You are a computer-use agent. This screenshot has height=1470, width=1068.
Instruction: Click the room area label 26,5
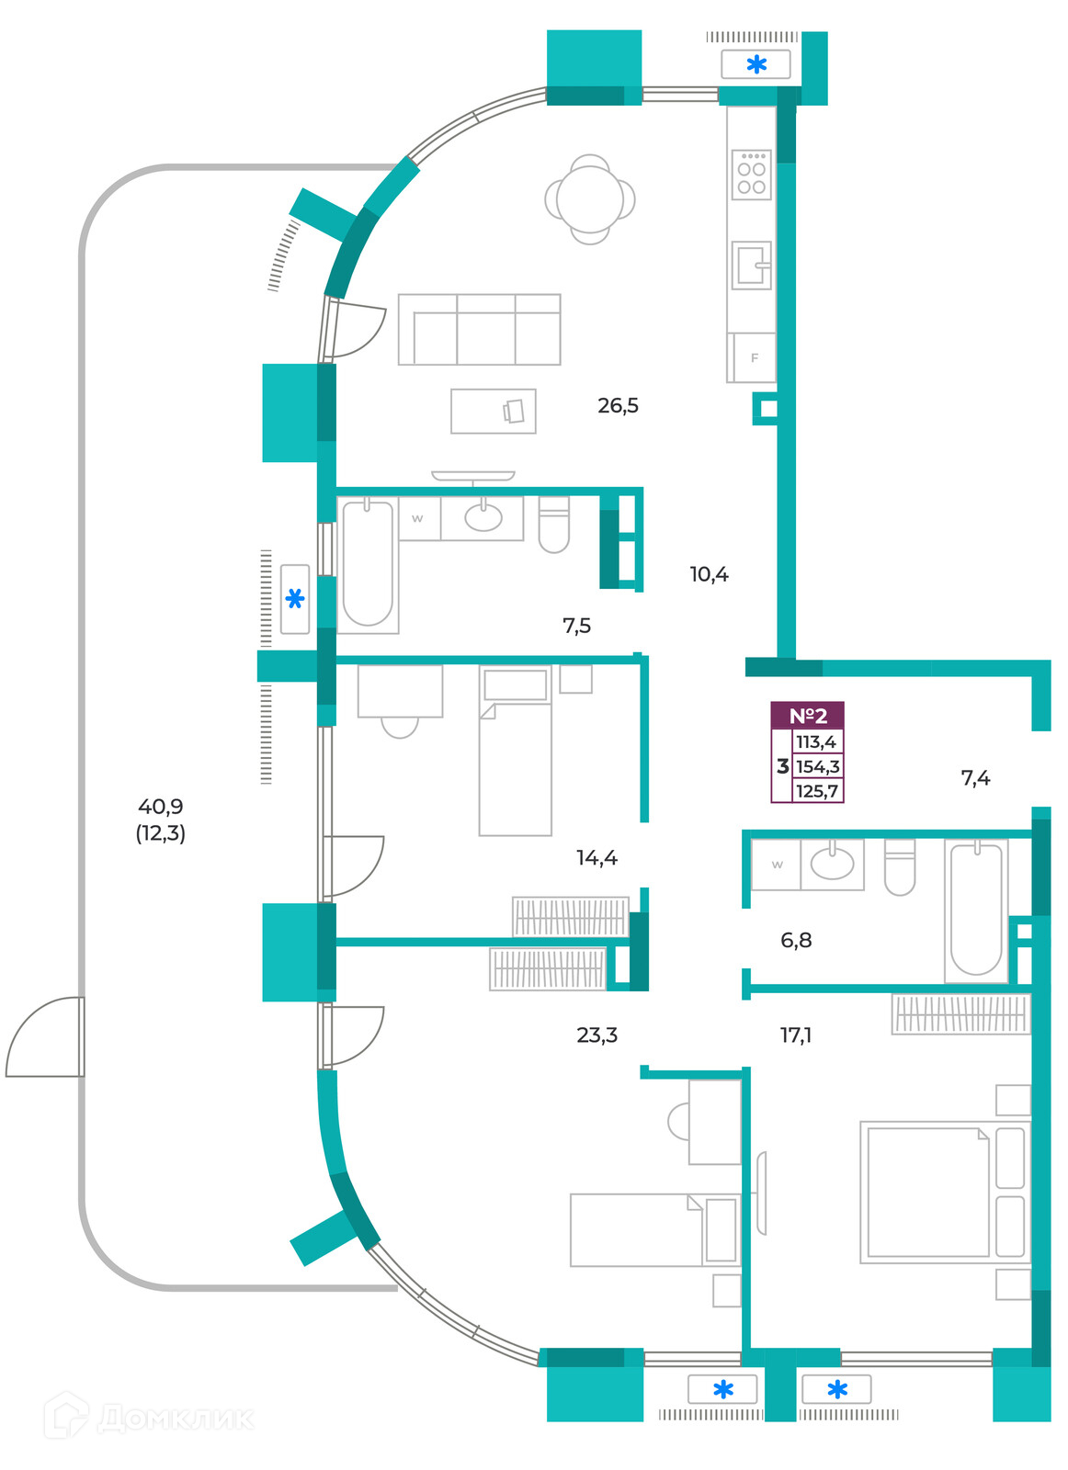point(617,405)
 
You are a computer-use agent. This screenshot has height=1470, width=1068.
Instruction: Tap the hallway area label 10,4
point(709,574)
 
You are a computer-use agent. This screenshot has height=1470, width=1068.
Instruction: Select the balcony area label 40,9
point(160,806)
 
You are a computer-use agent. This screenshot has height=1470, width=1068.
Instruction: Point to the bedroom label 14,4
point(596,857)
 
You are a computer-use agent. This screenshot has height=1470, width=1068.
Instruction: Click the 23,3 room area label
point(596,1035)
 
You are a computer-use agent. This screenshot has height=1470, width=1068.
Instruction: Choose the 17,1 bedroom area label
point(795,1035)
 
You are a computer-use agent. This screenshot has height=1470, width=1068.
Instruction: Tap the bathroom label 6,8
point(796,940)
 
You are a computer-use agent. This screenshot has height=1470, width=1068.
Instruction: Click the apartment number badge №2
point(807,715)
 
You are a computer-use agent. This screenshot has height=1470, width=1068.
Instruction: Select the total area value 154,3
point(817,766)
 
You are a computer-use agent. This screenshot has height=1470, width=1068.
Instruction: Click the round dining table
point(589,199)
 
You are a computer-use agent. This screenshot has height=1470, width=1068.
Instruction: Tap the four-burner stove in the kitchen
point(751,175)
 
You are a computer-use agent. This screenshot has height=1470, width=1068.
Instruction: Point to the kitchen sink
point(751,266)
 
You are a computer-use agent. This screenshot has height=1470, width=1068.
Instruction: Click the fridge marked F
point(752,357)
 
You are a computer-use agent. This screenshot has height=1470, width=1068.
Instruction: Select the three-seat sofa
point(479,329)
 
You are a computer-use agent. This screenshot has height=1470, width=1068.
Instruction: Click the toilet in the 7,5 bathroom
point(553,524)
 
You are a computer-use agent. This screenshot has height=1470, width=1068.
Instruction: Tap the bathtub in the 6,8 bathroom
point(976,910)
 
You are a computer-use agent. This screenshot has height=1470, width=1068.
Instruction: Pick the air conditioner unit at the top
point(756,64)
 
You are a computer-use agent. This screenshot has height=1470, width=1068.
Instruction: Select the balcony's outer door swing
point(45,1037)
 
